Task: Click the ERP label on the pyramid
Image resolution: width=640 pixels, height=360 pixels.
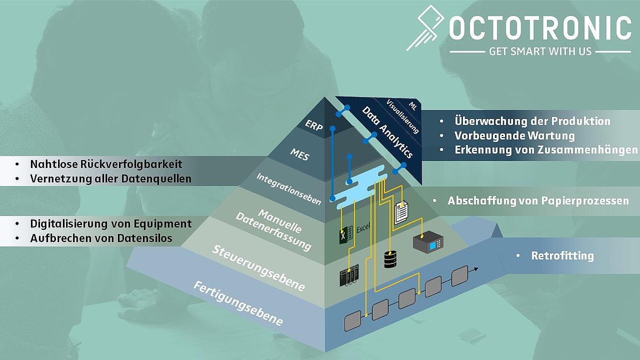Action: (x=314, y=125)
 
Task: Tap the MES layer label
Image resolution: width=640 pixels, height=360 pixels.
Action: (x=299, y=155)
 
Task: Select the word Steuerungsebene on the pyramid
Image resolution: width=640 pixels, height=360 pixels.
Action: (x=258, y=268)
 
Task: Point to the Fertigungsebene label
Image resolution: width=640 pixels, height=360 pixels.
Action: (x=238, y=303)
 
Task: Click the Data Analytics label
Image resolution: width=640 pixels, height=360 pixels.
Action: (x=387, y=132)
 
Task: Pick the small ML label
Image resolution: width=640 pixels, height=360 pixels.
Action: (x=413, y=106)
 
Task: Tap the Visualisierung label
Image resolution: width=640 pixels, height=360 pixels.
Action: (x=402, y=116)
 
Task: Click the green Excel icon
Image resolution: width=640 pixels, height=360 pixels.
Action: (x=346, y=235)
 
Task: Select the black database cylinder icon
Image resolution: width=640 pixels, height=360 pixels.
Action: (x=390, y=259)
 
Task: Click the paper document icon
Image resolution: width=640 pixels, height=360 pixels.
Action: (x=401, y=212)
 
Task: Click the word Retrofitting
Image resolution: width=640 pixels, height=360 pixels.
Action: (x=562, y=255)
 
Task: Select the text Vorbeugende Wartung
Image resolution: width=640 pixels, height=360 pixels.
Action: (x=515, y=135)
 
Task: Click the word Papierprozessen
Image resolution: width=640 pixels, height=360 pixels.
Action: (x=585, y=201)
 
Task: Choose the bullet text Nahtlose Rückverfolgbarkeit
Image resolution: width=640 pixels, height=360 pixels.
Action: (x=106, y=164)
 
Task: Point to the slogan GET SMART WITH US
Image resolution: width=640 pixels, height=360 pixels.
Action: (x=540, y=52)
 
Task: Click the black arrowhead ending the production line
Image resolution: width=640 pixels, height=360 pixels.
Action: (x=476, y=269)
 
